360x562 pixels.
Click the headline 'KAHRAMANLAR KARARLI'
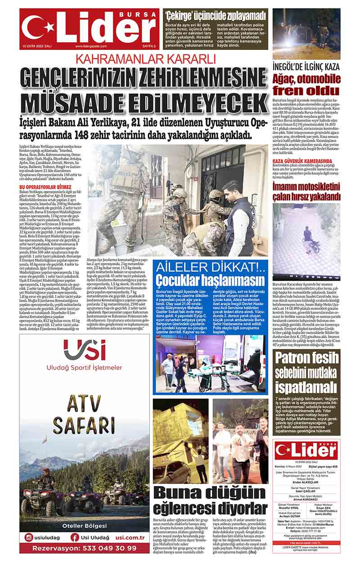145,58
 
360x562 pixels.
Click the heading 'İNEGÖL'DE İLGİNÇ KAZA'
306,67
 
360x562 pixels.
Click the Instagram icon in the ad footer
29,537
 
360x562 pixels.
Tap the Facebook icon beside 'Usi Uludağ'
75,537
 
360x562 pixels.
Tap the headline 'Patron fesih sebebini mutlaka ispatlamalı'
306,372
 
